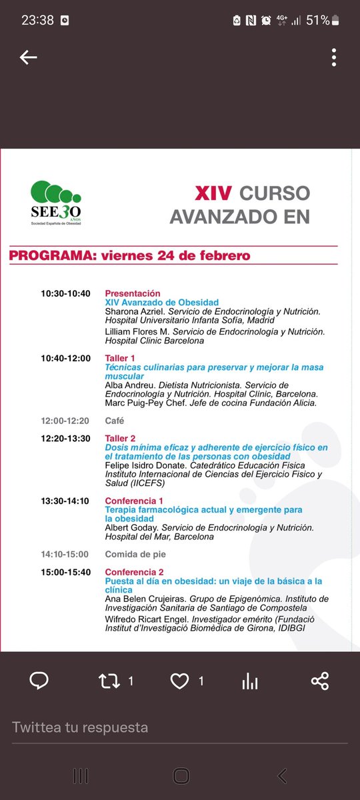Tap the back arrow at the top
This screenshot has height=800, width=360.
coord(28,58)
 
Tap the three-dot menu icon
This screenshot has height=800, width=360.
coord(333,58)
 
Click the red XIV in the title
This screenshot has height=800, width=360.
coord(213,193)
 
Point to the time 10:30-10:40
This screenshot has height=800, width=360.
coord(65,293)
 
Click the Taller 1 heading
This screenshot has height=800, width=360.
coord(120,358)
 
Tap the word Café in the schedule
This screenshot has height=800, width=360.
coord(115,421)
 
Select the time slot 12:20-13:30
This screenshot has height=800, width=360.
coord(65,438)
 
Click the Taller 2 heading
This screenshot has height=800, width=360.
coord(120,438)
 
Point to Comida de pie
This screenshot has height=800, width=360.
coord(135,554)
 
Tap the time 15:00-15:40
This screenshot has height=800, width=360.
coord(65,572)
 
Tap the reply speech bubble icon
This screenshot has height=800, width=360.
coord(39,681)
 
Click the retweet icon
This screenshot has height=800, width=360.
coord(109,681)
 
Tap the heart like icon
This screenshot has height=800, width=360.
coord(179,681)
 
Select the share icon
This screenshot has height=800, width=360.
coord(320,681)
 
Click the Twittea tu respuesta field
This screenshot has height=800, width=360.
coord(133,727)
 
